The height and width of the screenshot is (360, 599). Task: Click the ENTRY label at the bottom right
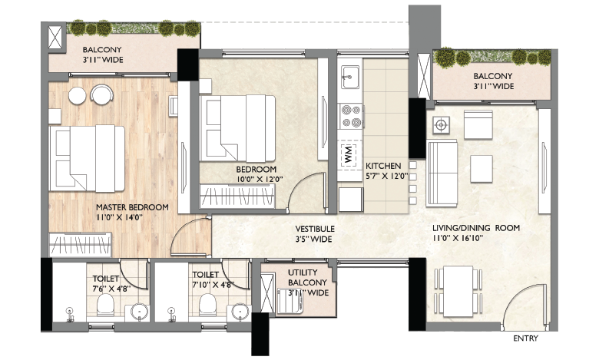click(x=525, y=338)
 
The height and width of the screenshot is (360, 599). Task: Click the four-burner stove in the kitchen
click(x=351, y=116)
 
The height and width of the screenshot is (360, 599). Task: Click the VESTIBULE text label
click(x=316, y=229)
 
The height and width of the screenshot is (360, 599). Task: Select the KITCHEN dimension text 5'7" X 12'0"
click(x=382, y=175)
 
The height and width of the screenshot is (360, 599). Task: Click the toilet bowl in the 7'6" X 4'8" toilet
click(x=105, y=307)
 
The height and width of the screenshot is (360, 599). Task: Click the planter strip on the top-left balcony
click(x=123, y=29)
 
